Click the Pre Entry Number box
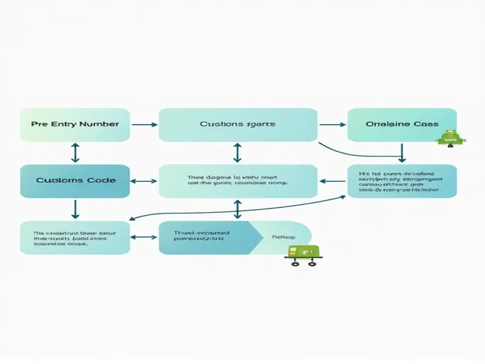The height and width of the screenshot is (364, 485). pyautogui.click(x=74, y=124)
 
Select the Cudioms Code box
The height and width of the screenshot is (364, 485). pyautogui.click(x=74, y=180)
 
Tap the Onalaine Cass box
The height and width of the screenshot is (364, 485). pyautogui.click(x=401, y=124)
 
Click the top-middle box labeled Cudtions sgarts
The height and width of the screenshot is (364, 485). pyautogui.click(x=238, y=124)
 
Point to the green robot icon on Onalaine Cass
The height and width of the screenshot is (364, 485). pyautogui.click(x=449, y=138)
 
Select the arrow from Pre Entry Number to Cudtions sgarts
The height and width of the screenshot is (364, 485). pyautogui.click(x=145, y=125)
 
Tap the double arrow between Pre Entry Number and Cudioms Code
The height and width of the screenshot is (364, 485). pyautogui.click(x=75, y=153)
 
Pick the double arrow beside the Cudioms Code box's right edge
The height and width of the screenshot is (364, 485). pyautogui.click(x=144, y=181)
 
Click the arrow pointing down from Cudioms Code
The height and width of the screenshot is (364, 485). pyautogui.click(x=75, y=209)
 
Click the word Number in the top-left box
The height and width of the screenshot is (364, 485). pyautogui.click(x=99, y=124)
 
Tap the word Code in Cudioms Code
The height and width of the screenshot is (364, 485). pyautogui.click(x=100, y=180)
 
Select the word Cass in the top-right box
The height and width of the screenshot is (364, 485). pyautogui.click(x=423, y=124)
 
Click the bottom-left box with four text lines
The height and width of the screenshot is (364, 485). pyautogui.click(x=74, y=237)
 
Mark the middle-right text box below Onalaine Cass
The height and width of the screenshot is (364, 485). pyautogui.click(x=401, y=181)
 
